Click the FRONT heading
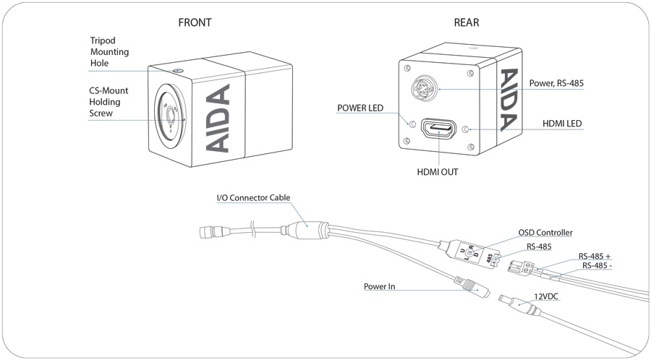tap(195, 22)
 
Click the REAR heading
tap(467, 22)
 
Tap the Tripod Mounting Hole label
tap(110, 52)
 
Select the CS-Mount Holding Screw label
tap(109, 102)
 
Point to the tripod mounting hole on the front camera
tap(179, 71)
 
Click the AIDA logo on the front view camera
tap(218, 119)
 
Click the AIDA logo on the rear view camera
tap(509, 100)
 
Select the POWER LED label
tap(360, 108)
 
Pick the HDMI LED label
tap(562, 124)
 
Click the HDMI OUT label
tap(437, 172)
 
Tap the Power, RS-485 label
tap(556, 83)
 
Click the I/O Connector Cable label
tap(253, 198)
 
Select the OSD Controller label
tap(545, 233)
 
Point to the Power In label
tap(380, 286)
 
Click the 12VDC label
tap(546, 296)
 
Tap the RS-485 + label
tap(595, 257)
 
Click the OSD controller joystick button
tap(469, 252)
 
